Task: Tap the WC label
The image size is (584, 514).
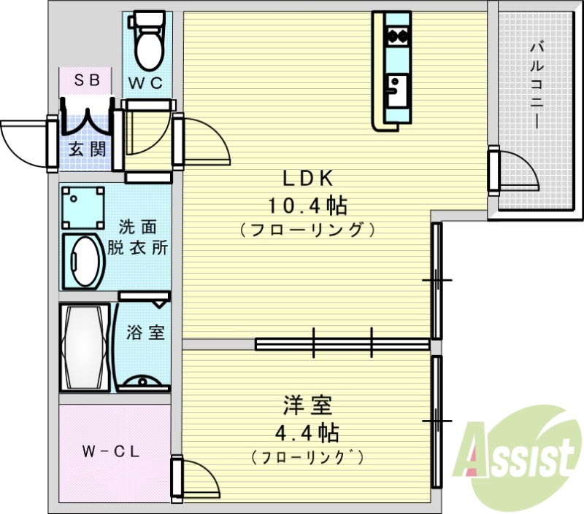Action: (148, 82)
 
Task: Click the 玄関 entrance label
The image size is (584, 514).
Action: (86, 149)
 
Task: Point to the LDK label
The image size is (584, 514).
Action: (307, 178)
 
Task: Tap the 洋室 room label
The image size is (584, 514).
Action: (307, 405)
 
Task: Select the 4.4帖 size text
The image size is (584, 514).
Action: (307, 434)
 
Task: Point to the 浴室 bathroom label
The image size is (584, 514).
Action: (145, 333)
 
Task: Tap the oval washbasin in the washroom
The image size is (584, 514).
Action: (82, 261)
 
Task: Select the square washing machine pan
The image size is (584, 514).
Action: (82, 205)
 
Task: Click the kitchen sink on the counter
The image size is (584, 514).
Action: (396, 91)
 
